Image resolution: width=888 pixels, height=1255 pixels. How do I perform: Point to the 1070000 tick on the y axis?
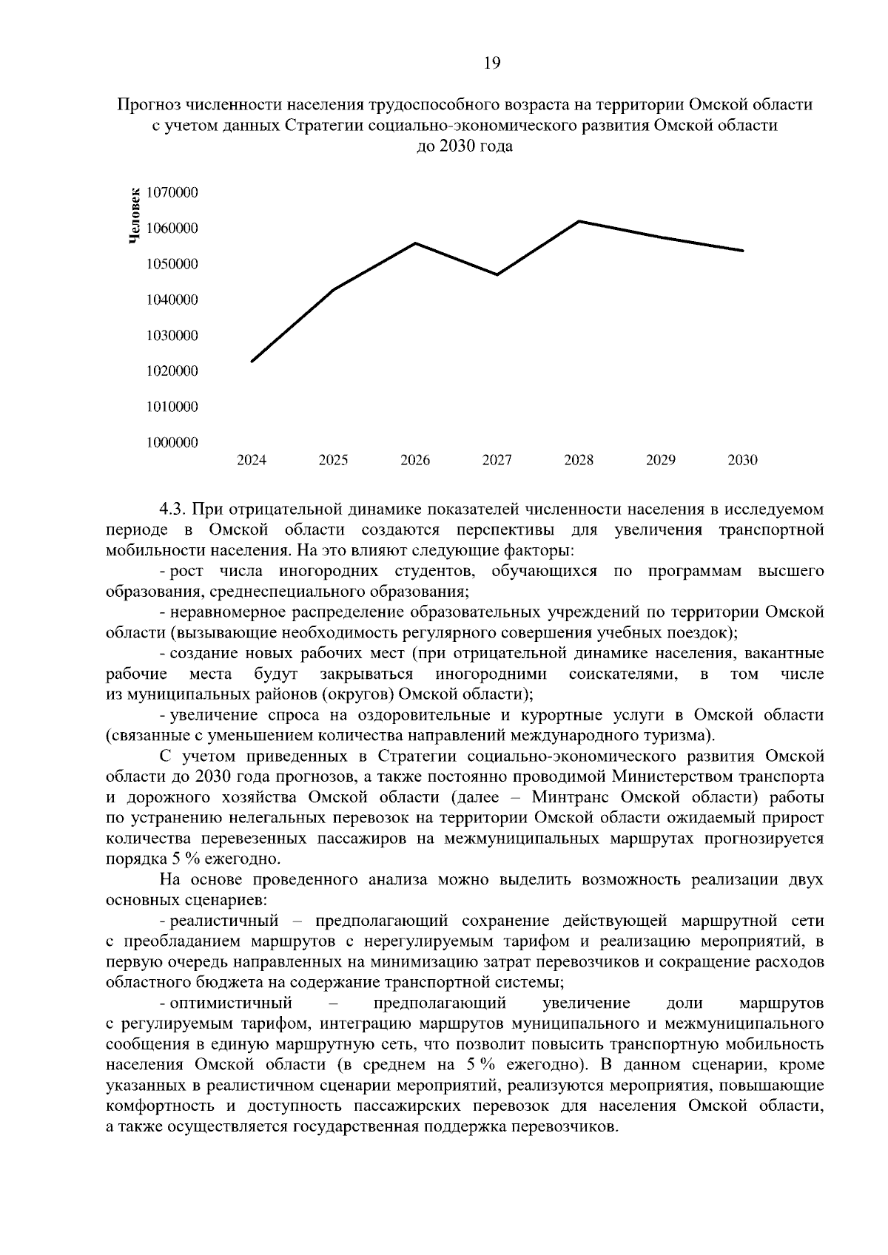172,193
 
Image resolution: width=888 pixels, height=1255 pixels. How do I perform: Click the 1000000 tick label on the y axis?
172,442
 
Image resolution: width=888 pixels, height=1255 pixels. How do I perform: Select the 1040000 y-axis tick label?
172,300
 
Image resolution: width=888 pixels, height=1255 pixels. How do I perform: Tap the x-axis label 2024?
252,461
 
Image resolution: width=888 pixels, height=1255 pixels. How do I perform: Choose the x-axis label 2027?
497,461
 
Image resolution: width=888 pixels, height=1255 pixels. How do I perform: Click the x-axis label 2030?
742,461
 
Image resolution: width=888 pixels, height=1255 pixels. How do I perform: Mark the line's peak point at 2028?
579,221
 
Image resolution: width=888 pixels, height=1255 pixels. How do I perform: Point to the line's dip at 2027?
497,274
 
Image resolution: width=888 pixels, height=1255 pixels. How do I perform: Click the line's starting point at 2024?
252,361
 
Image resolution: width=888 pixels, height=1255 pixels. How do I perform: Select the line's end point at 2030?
742,251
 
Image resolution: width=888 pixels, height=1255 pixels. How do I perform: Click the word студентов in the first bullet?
431,572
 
